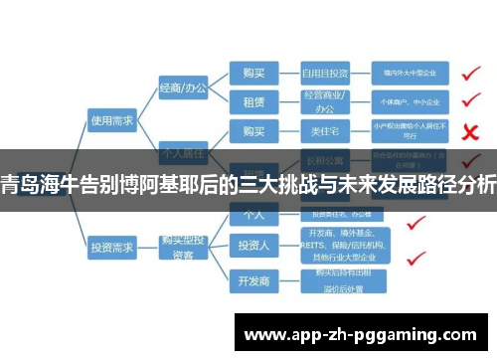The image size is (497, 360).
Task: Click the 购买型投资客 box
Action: pyautogui.click(x=183, y=243)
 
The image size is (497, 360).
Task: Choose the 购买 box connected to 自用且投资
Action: pyautogui.click(x=248, y=73)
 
